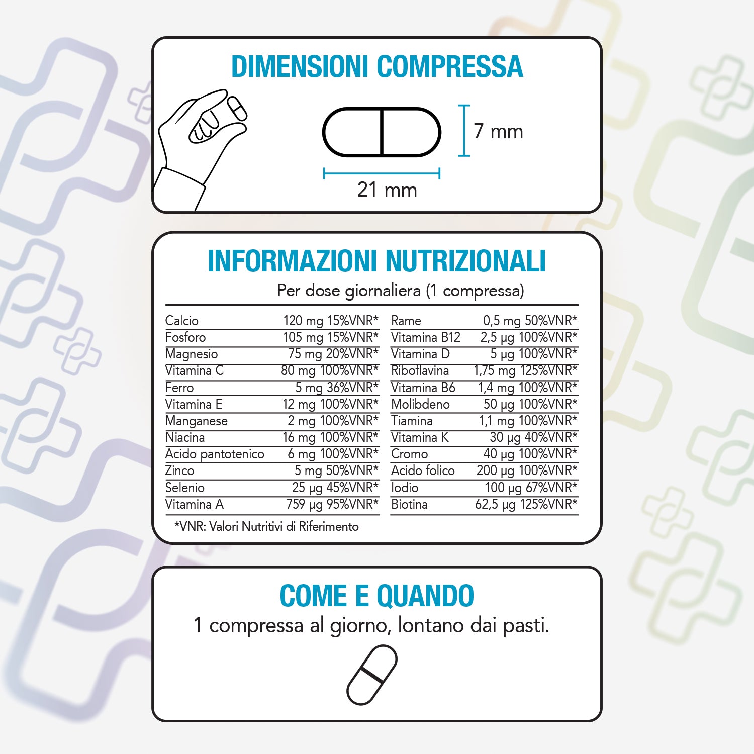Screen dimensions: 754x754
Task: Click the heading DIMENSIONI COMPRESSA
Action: coord(377,67)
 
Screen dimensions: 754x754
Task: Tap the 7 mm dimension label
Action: coord(498,131)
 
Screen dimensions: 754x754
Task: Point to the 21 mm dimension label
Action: coord(387,190)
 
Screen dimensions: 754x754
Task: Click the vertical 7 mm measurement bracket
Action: coord(464,131)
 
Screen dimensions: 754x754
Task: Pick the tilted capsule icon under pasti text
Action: coord(372,675)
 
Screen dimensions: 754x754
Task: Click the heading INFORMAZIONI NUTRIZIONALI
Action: coord(377,261)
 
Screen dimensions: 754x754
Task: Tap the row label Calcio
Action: coord(182,321)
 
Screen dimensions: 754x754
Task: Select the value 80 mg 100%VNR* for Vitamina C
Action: coord(330,370)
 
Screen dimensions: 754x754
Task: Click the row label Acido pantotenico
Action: coord(215,454)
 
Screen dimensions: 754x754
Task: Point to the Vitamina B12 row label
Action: coord(426,337)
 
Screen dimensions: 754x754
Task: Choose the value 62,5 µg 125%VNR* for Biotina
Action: coord(526,504)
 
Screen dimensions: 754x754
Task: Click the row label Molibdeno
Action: coord(420,404)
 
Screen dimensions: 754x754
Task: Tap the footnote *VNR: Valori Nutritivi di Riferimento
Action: coord(266,526)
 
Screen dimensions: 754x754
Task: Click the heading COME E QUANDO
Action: coord(377,596)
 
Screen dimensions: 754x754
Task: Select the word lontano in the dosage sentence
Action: coord(431,625)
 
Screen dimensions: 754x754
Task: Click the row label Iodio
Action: coord(405,488)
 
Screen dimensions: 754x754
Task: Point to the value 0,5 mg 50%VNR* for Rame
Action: coord(530,321)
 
